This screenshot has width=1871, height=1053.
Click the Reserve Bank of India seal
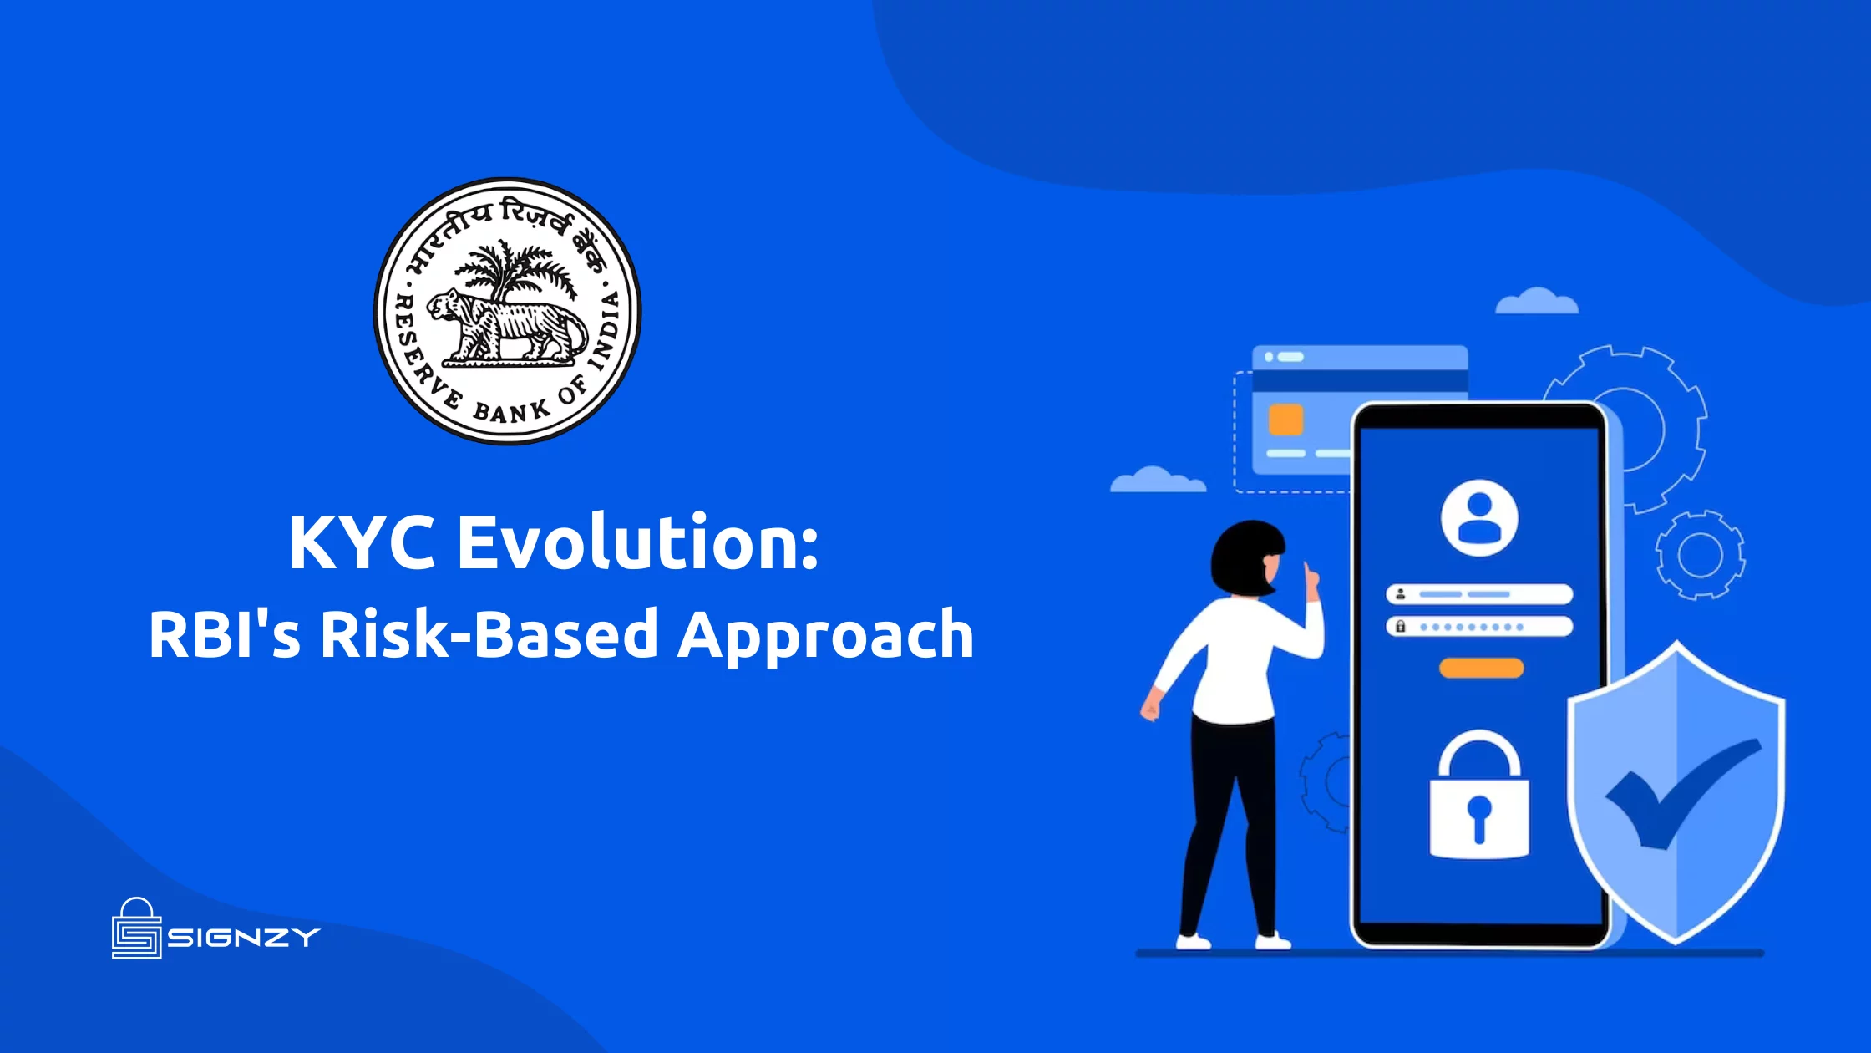point(508,311)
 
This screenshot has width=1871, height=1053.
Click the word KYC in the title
point(362,542)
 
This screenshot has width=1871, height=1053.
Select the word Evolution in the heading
point(637,542)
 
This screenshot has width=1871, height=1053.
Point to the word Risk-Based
point(489,633)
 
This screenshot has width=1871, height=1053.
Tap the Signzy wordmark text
point(244,938)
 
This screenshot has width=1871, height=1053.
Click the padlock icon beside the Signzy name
point(136,928)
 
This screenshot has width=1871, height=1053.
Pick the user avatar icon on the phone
point(1479,517)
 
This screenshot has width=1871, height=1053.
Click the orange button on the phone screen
point(1481,668)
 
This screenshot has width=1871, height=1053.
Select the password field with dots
point(1479,626)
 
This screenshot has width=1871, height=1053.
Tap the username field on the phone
point(1479,594)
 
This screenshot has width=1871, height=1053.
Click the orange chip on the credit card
point(1285,420)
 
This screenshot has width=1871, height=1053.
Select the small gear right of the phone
point(1701,554)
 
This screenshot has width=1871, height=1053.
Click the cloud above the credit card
point(1536,301)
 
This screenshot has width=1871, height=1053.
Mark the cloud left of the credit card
point(1158,480)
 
